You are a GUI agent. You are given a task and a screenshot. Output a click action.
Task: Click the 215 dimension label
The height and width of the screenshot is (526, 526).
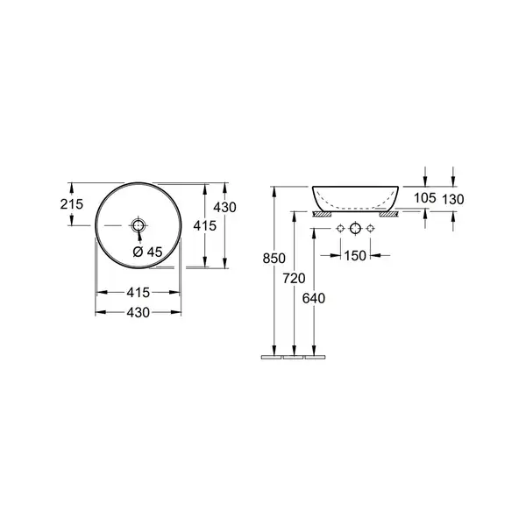72,204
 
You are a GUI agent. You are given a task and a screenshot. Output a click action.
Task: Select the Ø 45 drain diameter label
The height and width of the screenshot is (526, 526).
147,252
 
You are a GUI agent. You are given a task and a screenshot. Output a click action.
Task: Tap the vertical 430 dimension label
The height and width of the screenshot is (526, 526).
224,207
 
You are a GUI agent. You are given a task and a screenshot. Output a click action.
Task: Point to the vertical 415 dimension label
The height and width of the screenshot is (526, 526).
204,226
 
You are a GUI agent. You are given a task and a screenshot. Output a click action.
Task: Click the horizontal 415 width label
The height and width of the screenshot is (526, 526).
139,293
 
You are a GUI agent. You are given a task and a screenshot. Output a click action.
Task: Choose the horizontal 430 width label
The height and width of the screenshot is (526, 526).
139,313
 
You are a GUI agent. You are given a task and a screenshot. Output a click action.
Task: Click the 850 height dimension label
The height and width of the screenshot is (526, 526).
274,259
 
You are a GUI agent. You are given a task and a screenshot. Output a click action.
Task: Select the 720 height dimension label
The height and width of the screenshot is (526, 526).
294,279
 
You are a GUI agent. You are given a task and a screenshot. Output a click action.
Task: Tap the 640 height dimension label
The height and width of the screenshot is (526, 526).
314,298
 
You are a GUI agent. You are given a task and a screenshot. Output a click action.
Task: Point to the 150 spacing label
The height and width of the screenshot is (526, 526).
355,256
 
